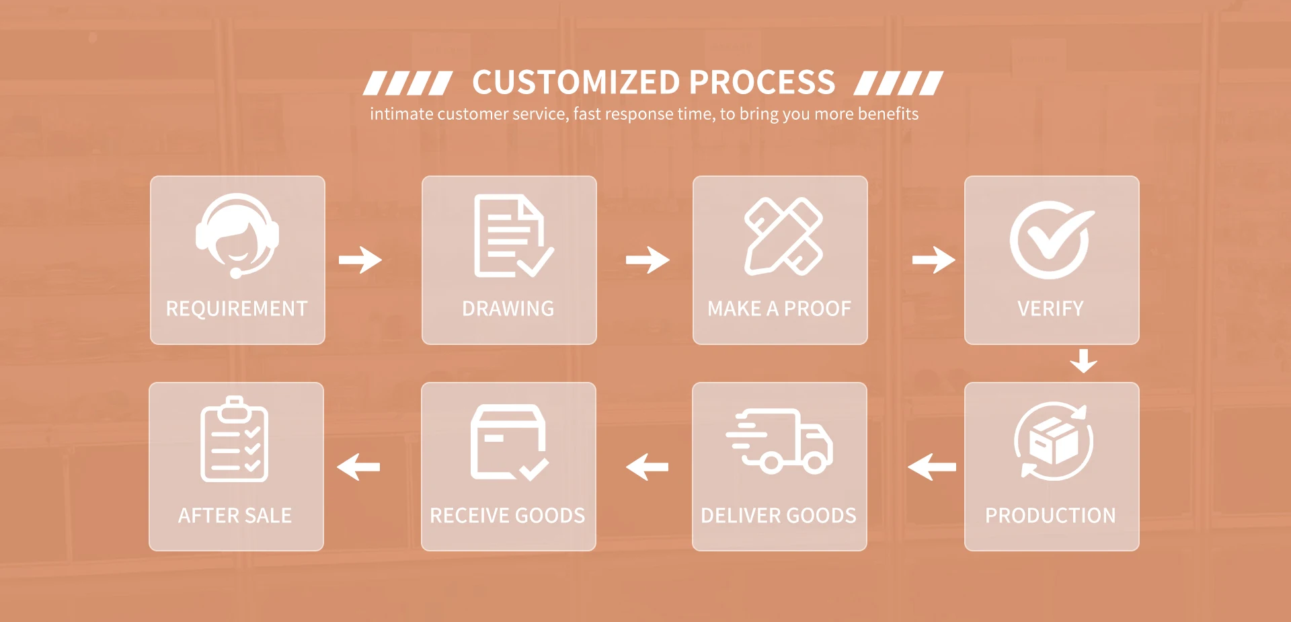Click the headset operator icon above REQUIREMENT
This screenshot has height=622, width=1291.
click(x=237, y=235)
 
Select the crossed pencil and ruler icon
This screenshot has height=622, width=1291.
click(x=783, y=236)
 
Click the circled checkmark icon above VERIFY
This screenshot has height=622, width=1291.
click(x=1052, y=239)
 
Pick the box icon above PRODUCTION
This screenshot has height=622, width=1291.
click(x=1054, y=441)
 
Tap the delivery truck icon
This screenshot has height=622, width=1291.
click(x=779, y=441)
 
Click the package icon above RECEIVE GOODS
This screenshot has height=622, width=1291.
click(x=510, y=442)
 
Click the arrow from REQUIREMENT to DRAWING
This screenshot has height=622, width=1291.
click(x=360, y=260)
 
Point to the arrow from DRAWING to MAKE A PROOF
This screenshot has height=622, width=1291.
click(x=648, y=260)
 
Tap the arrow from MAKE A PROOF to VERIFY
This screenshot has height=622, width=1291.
click(x=934, y=260)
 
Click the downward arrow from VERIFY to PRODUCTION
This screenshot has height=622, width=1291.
click(x=1083, y=360)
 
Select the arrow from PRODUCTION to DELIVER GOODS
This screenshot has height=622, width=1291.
click(x=932, y=467)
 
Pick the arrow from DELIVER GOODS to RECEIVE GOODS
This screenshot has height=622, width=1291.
click(x=647, y=467)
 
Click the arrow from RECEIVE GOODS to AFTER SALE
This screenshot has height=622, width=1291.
click(x=358, y=467)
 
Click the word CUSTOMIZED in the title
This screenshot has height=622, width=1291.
click(x=577, y=83)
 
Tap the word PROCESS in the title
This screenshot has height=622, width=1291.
click(x=762, y=83)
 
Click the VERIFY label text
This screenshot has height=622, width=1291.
click(x=1050, y=309)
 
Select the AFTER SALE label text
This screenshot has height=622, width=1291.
click(x=235, y=516)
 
